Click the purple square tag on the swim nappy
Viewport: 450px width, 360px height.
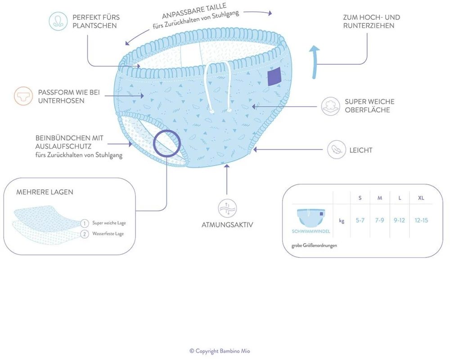(x=274, y=77)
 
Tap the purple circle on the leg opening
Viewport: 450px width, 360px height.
(x=166, y=143)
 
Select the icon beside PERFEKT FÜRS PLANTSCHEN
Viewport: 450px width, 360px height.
(x=58, y=21)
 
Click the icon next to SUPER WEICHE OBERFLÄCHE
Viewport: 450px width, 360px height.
(x=331, y=106)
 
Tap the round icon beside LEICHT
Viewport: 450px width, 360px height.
(x=336, y=150)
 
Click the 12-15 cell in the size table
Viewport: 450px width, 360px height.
(x=421, y=220)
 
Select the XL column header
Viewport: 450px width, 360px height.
(x=421, y=198)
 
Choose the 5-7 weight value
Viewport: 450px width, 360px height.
(x=360, y=220)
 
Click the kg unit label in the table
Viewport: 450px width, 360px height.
(x=342, y=220)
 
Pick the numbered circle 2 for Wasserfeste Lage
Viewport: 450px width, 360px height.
(x=85, y=234)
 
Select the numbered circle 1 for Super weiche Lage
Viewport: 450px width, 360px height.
(x=85, y=223)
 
